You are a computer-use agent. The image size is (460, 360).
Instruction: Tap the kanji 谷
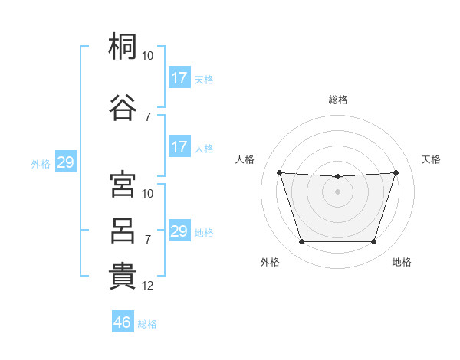coord(123,106)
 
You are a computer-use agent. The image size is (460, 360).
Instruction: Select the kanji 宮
coord(123,185)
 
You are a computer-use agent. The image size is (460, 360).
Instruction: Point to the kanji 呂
coord(123,230)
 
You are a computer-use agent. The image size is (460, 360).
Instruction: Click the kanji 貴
coord(123,276)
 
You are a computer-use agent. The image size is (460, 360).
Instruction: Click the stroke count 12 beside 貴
coord(149,286)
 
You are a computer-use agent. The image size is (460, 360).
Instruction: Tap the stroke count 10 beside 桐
coord(148,56)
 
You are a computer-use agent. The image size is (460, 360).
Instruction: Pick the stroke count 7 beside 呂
coord(148,240)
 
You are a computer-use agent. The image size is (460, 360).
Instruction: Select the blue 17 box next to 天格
coord(179,78)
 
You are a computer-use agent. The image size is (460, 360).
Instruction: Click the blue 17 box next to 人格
coord(179,147)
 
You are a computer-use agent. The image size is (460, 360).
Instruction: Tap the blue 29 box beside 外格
coord(65,162)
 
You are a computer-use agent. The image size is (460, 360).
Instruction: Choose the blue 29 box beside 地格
coord(179,231)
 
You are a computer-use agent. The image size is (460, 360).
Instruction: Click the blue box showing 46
coord(122,322)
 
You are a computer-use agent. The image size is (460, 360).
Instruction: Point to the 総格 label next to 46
coord(147,324)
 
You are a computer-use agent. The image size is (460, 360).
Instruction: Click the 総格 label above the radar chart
coord(337,100)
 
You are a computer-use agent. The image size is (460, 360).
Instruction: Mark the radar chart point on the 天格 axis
coord(396,172)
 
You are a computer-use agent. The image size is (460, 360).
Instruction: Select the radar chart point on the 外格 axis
coord(301,242)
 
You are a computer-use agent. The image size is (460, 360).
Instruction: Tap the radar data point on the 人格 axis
coord(279,172)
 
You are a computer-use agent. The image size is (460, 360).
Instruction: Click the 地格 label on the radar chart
coord(402,262)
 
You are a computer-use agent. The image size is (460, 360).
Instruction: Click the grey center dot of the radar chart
coord(337,191)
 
